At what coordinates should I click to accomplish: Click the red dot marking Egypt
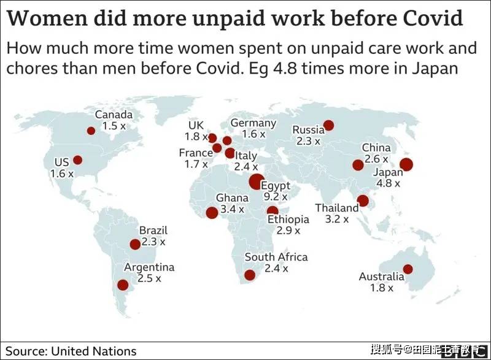tap(256, 182)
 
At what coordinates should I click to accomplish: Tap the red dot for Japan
tap(406, 164)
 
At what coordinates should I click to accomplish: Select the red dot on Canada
tap(91, 131)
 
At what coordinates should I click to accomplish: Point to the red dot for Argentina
tap(123, 285)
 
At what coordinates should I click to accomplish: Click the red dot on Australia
tap(408, 269)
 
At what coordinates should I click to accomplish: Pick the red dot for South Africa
tap(250, 275)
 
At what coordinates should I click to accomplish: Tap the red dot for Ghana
tap(212, 213)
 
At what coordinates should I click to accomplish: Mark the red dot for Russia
tap(328, 126)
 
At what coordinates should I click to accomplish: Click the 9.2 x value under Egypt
tap(276, 197)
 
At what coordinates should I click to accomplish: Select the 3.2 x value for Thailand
tap(336, 219)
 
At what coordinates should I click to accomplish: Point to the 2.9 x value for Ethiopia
tap(288, 231)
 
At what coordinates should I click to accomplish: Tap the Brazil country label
tap(153, 230)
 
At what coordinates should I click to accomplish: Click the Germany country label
tap(253, 123)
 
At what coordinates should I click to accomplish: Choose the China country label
tap(376, 147)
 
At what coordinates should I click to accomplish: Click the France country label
tap(196, 153)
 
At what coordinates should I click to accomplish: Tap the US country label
tap(62, 162)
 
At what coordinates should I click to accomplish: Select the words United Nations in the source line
tap(94, 351)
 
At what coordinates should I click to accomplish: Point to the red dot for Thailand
tap(363, 201)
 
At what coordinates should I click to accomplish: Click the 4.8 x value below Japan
tap(389, 183)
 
